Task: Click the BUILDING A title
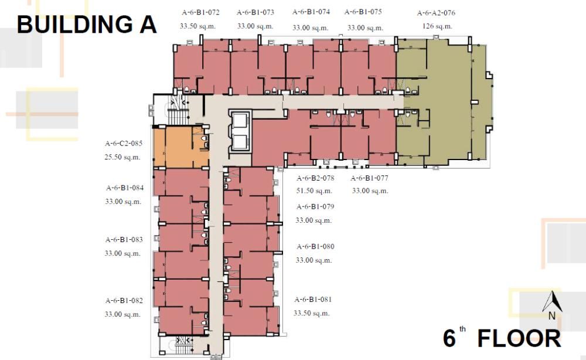pyautogui.click(x=87, y=25)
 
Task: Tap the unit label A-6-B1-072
pyautogui.click(x=200, y=12)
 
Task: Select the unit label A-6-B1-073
pyautogui.click(x=255, y=12)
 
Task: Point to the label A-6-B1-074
pyautogui.click(x=311, y=12)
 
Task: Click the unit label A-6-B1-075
pyautogui.click(x=363, y=12)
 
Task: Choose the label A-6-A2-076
pyautogui.click(x=436, y=13)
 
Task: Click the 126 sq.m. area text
pyautogui.click(x=437, y=26)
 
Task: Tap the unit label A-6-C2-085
pyautogui.click(x=124, y=143)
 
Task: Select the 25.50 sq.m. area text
pyautogui.click(x=123, y=157)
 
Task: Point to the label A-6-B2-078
pyautogui.click(x=315, y=178)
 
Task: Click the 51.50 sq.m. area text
pyautogui.click(x=314, y=191)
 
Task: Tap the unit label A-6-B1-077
pyautogui.click(x=370, y=178)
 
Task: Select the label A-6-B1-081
pyautogui.click(x=313, y=300)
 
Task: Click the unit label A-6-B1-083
pyautogui.click(x=124, y=240)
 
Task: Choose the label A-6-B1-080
pyautogui.click(x=315, y=247)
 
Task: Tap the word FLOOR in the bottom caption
pyautogui.click(x=519, y=338)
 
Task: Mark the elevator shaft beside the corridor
pyautogui.click(x=240, y=132)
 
